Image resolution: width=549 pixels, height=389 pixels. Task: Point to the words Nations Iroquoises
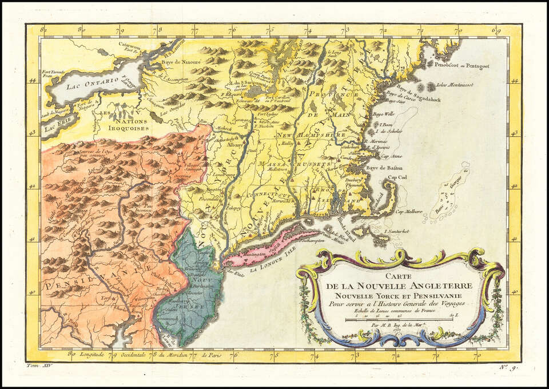(122, 124)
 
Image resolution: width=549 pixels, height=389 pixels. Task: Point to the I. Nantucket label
(399, 231)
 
